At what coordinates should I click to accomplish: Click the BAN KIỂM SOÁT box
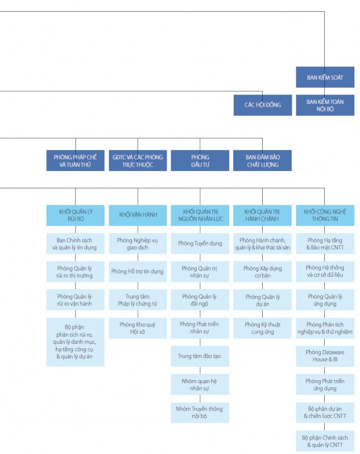tap(325, 77)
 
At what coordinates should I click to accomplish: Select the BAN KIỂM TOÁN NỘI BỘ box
tap(325, 105)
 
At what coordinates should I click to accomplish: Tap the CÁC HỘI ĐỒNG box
tap(262, 105)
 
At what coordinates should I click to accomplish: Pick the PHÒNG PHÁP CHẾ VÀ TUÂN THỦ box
tap(75, 160)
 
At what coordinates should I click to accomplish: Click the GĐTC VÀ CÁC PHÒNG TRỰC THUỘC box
tap(138, 160)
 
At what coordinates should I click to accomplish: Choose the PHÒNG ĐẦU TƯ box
tap(200, 160)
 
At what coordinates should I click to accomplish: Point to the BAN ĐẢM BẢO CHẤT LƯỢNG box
tap(262, 160)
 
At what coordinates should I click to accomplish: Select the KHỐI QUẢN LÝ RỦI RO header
tap(75, 215)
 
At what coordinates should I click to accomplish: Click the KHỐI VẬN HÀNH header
tap(138, 215)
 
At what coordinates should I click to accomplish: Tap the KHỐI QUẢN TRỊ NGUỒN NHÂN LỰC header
tap(200, 215)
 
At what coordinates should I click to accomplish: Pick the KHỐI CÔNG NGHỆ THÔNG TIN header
tap(325, 215)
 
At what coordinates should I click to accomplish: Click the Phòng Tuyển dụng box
tap(200, 243)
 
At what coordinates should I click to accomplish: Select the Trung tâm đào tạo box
tap(200, 356)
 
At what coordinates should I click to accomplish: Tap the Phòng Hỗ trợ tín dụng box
tap(138, 272)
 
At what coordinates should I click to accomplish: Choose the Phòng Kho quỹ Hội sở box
tap(138, 328)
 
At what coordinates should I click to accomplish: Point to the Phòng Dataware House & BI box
tap(325, 356)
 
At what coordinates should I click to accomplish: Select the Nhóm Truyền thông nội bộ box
tap(200, 413)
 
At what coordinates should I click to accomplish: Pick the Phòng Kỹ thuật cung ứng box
tap(262, 328)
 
